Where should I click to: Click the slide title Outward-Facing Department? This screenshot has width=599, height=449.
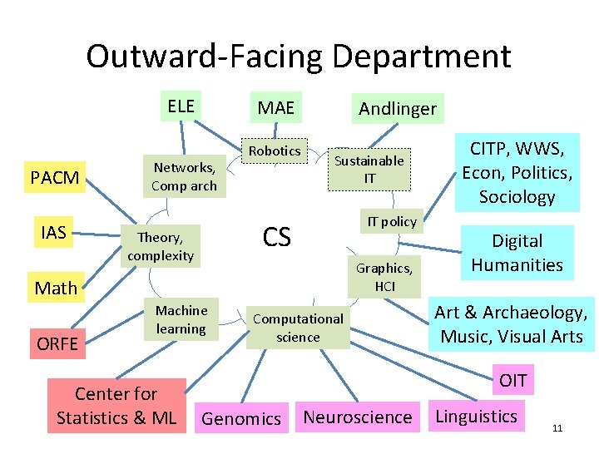coord(298,57)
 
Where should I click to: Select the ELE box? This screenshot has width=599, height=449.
coord(181,106)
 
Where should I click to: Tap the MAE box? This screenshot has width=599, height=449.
coord(275,108)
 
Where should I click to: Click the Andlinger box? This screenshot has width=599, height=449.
coord(397,109)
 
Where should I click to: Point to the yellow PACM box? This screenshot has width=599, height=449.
coord(55,177)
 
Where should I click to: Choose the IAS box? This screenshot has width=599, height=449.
coord(53,232)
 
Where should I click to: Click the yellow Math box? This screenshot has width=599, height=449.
coord(56,288)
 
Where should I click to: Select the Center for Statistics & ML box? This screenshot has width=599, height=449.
coord(116,405)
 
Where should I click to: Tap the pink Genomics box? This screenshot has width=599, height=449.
coord(241,418)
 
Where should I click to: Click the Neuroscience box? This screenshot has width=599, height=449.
coord(358,417)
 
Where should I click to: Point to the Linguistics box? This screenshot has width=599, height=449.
coord(477,416)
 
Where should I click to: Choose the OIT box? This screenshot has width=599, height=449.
coord(512,381)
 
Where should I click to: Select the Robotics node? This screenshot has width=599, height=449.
coord(275,151)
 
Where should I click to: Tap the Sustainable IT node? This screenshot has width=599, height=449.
coord(369,169)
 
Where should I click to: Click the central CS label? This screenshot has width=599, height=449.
coord(277,237)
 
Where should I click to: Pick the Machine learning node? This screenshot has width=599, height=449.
coord(181,319)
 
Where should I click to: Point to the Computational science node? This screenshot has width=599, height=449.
coord(298,328)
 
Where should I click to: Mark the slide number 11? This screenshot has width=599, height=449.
coord(557,428)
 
